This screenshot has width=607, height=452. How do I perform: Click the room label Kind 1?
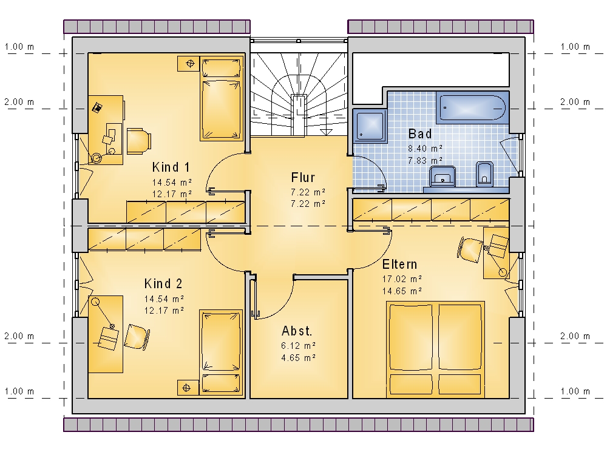point(171,167)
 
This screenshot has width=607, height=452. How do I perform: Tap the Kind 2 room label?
point(163,284)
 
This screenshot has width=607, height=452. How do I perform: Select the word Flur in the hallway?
point(303,178)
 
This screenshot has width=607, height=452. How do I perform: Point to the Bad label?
point(420,134)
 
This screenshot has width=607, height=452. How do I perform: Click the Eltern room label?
point(400,265)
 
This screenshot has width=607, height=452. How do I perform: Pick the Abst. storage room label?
point(297,331)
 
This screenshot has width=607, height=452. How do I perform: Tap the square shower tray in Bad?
point(370,126)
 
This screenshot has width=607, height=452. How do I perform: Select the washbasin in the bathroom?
point(442,176)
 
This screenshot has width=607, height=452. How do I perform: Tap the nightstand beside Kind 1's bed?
point(189,64)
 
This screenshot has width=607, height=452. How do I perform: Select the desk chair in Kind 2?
point(137,337)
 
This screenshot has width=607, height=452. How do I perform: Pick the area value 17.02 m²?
point(402,279)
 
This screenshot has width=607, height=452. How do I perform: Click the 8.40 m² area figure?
point(425,149)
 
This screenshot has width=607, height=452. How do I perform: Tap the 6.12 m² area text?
point(299,346)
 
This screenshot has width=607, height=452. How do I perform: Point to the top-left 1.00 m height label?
point(19,47)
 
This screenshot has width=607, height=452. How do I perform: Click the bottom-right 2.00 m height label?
point(575,336)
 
